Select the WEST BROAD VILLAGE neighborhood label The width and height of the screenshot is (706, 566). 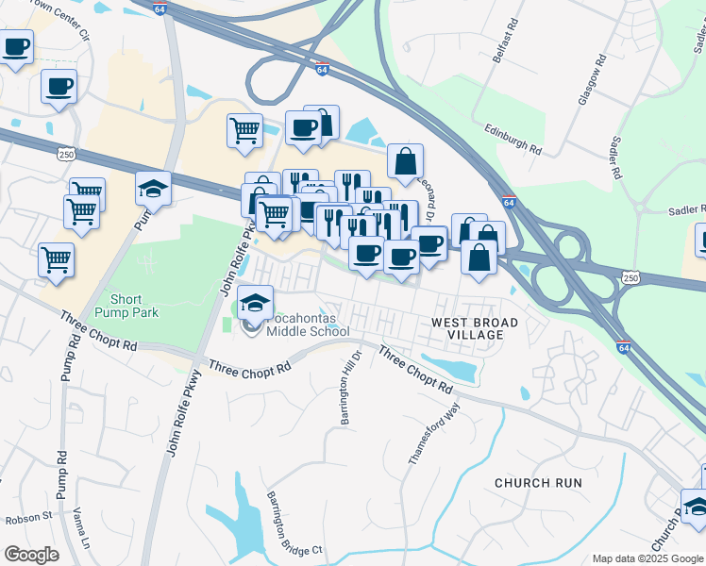[x=475, y=329]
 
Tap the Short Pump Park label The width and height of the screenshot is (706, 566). [x=133, y=305]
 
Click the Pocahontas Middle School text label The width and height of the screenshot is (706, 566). [x=308, y=324]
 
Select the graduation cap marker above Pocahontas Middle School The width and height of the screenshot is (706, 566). [x=255, y=302]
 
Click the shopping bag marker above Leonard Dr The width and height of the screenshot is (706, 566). [x=405, y=161]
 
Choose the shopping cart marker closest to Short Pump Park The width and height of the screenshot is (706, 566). [x=56, y=258]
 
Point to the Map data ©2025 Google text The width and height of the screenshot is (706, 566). [x=647, y=558]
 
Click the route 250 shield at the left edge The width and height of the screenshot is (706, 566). [x=64, y=154]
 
